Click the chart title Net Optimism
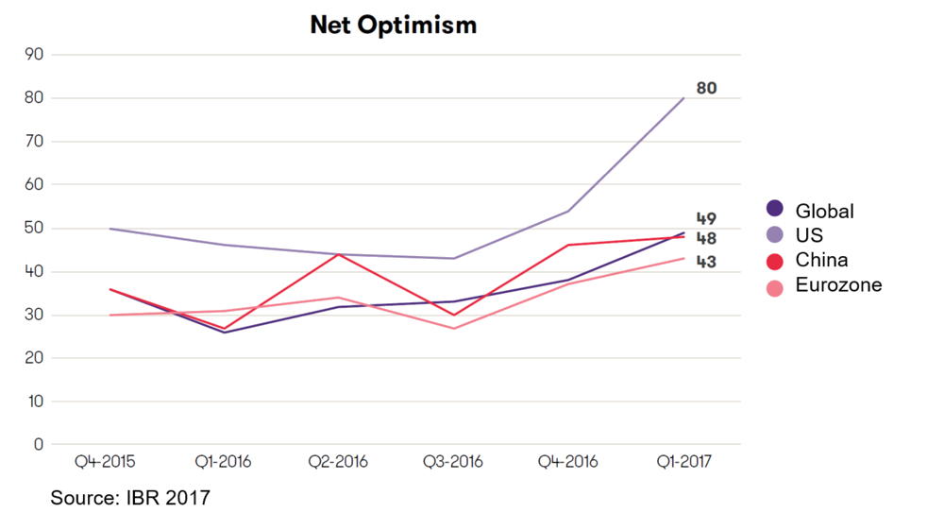pos(393,26)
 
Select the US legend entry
pos(808,235)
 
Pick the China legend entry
pos(820,260)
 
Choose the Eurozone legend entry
pos(837,284)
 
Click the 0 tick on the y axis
pos(38,444)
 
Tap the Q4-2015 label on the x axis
pos(105,462)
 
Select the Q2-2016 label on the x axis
pos(337,462)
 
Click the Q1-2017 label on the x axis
pos(683,462)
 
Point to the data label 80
pos(706,88)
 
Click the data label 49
pos(706,219)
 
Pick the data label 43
pos(706,261)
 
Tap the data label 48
pos(706,238)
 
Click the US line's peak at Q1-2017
pos(683,97)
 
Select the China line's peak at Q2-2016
pos(337,254)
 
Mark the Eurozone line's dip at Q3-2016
pos(453,328)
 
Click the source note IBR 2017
pos(130,497)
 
